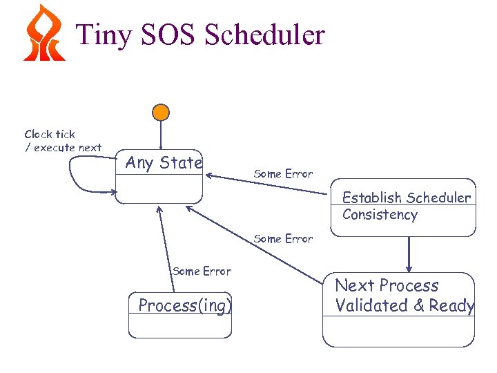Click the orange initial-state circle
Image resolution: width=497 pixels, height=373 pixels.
point(161,112)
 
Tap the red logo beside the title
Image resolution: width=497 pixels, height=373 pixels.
point(44,32)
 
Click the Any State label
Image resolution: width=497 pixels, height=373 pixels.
point(164,163)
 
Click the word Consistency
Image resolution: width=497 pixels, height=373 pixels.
point(380,215)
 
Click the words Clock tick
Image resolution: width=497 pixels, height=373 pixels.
point(50,134)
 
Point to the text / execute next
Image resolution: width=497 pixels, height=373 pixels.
point(63,147)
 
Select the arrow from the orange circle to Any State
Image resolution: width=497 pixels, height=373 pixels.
point(161,135)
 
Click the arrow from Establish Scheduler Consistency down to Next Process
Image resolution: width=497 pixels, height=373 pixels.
point(409,254)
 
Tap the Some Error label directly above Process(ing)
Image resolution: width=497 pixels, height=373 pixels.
point(202,271)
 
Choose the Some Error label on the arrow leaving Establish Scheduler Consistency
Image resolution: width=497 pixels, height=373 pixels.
point(283,174)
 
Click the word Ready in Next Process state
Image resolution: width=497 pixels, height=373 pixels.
point(451,305)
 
